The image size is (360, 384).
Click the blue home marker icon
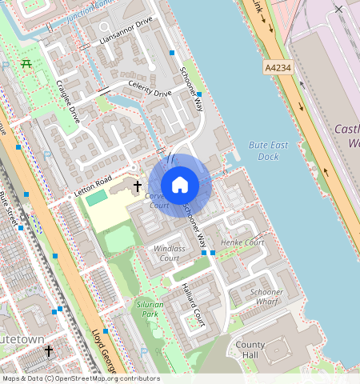coord(180,185)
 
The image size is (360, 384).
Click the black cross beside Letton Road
coord(137,186)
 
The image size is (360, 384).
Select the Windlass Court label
coord(170,253)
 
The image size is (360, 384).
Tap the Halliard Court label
coord(193,305)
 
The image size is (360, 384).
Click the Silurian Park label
coord(150,309)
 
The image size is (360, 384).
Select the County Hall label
coord(250,349)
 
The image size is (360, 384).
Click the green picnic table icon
coord(26,63)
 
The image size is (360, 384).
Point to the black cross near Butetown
coord(49,350)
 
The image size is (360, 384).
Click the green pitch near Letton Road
coord(97,197)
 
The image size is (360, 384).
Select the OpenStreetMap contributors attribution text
coord(80,378)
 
